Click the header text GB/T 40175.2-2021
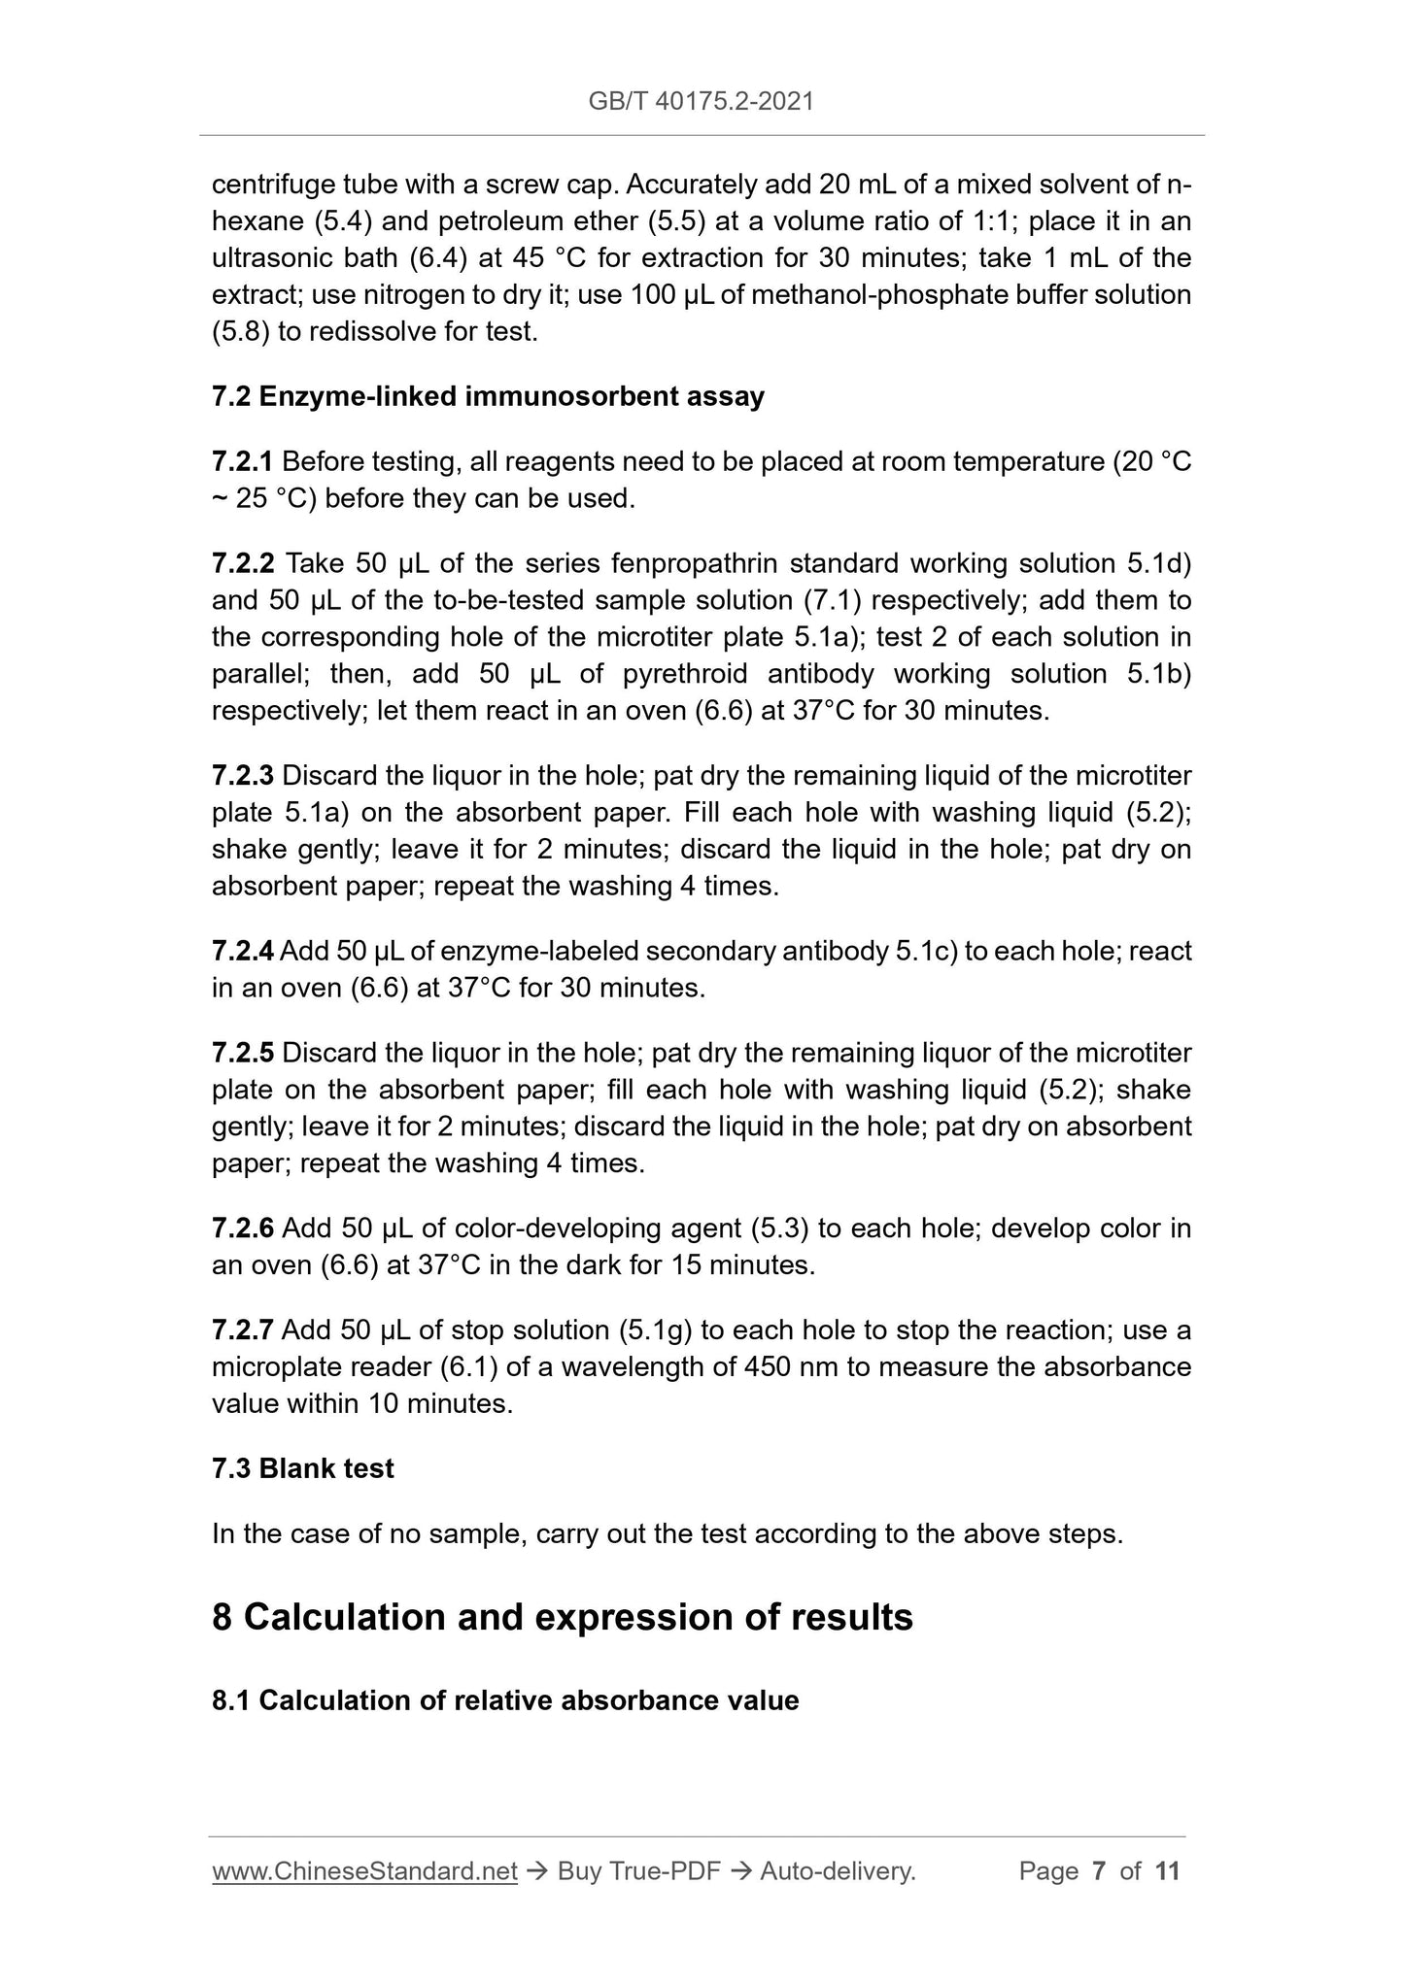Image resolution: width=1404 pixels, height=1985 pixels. click(701, 101)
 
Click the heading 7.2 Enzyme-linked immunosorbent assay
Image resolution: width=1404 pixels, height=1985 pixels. click(488, 396)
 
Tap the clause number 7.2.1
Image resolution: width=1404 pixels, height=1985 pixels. click(242, 461)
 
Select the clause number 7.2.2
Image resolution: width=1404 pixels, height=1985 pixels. click(243, 563)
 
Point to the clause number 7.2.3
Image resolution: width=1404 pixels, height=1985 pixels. click(243, 775)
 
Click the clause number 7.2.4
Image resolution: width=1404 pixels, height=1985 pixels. click(243, 951)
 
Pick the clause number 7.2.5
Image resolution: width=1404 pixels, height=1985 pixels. click(243, 1053)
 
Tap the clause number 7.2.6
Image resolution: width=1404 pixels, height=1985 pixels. click(243, 1228)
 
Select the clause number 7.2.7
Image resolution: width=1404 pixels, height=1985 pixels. click(243, 1329)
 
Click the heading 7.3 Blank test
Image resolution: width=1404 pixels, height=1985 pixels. click(302, 1467)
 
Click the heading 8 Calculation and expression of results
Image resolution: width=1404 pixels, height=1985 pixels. click(562, 1617)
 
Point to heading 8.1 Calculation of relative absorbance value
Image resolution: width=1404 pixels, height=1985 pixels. click(504, 1728)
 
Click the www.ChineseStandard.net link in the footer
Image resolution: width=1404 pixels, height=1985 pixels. click(364, 1871)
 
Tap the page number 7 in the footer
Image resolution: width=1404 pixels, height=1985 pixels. click(1099, 1871)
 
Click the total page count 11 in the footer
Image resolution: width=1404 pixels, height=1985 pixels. click(1167, 1871)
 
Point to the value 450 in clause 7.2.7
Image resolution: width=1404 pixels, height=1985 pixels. click(767, 1366)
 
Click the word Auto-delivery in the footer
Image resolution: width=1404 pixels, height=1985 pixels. click(837, 1871)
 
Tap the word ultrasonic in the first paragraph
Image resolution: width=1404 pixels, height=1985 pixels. click(271, 258)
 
